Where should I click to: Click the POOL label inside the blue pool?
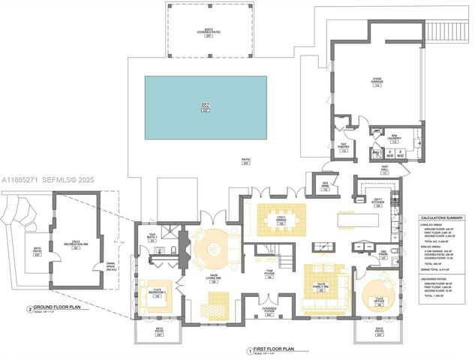pyautogui.click(x=204, y=106)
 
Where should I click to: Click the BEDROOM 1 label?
pyautogui.click(x=158, y=292)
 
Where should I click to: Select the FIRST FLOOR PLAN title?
pyautogui.click(x=282, y=349)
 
